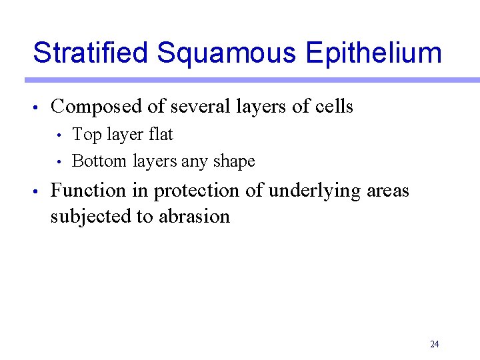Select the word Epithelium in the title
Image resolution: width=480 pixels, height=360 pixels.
pyautogui.click(x=373, y=53)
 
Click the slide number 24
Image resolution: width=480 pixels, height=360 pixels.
pyautogui.click(x=435, y=344)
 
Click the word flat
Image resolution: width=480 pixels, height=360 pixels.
pyautogui.click(x=161, y=135)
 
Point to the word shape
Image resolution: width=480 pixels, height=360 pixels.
pyautogui.click(x=234, y=162)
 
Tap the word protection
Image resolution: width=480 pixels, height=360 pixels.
pyautogui.click(x=197, y=191)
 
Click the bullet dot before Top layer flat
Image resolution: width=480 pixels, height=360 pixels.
pyautogui.click(x=60, y=136)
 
